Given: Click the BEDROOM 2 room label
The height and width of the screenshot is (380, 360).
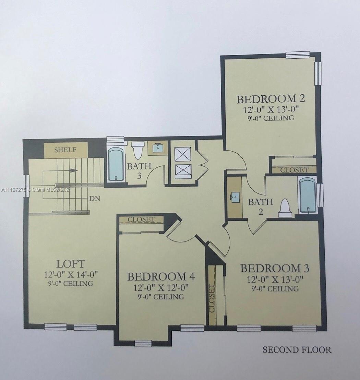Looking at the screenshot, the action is point(271,99).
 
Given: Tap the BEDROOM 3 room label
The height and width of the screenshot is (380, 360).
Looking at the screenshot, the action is point(275,268).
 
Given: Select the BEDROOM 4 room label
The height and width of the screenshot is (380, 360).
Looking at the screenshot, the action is point(161,276).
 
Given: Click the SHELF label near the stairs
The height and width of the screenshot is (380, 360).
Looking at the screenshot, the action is point(65,150).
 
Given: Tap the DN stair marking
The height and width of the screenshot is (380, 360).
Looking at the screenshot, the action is point(95,199).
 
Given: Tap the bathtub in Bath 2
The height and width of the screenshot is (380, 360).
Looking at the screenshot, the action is point(308,196).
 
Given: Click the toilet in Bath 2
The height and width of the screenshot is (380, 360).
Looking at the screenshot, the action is point(285,208).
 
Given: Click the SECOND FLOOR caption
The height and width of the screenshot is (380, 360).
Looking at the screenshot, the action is point(297,350).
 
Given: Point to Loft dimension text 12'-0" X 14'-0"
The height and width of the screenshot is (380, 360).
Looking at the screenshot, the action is point(71,275).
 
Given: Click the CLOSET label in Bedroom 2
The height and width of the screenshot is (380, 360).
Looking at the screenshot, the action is point(294,170).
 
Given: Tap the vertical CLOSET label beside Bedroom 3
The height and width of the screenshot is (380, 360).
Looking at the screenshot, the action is point(212,299).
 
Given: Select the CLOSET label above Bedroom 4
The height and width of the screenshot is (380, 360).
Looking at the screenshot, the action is point(141,219).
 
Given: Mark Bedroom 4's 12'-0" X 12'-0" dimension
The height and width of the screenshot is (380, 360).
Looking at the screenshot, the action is point(161,288).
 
